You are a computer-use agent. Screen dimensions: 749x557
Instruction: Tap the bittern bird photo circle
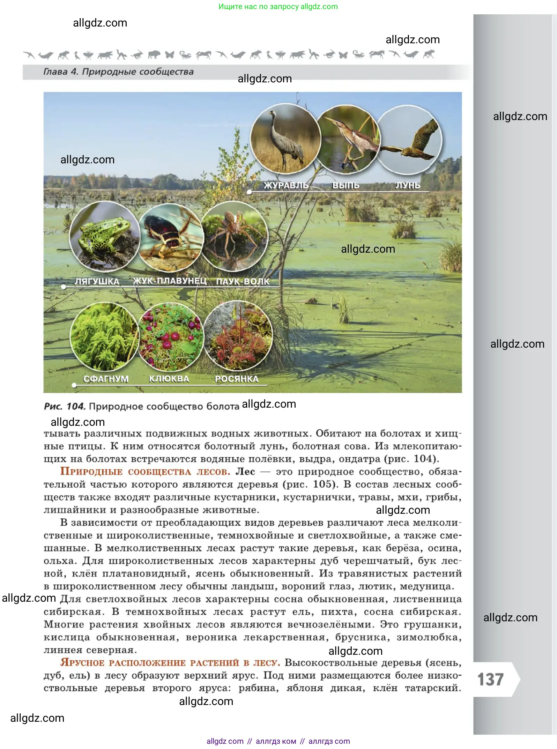pyautogui.click(x=348, y=140)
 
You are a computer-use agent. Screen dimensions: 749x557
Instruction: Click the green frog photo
pyautogui.click(x=104, y=236)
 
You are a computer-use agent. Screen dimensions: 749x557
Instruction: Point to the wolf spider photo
pyautogui.click(x=235, y=237)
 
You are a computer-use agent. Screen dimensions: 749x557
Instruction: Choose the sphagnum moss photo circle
pyautogui.click(x=104, y=336)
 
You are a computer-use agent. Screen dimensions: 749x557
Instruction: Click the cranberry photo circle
pyautogui.click(x=171, y=336)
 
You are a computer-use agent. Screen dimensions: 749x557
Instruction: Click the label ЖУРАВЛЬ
pyautogui.click(x=285, y=185)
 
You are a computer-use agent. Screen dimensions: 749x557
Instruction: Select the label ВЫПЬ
pyautogui.click(x=346, y=185)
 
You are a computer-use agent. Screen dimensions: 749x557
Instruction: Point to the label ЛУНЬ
pyautogui.click(x=407, y=185)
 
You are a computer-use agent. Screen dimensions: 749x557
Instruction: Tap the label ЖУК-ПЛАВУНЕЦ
pyautogui.click(x=170, y=281)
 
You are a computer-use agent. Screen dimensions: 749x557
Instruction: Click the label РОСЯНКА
pyautogui.click(x=236, y=379)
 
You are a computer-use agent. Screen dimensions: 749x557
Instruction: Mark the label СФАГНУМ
pyautogui.click(x=106, y=379)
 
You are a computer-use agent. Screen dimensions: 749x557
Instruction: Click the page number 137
pyautogui.click(x=490, y=680)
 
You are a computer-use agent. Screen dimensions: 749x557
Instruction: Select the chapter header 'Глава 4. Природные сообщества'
pyautogui.click(x=118, y=72)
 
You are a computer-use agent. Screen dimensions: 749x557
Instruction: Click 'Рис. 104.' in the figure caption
pyautogui.click(x=65, y=406)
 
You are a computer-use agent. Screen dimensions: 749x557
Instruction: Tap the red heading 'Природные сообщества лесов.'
pyautogui.click(x=145, y=472)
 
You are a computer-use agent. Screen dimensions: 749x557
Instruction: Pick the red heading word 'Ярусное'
pyautogui.click(x=82, y=663)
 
